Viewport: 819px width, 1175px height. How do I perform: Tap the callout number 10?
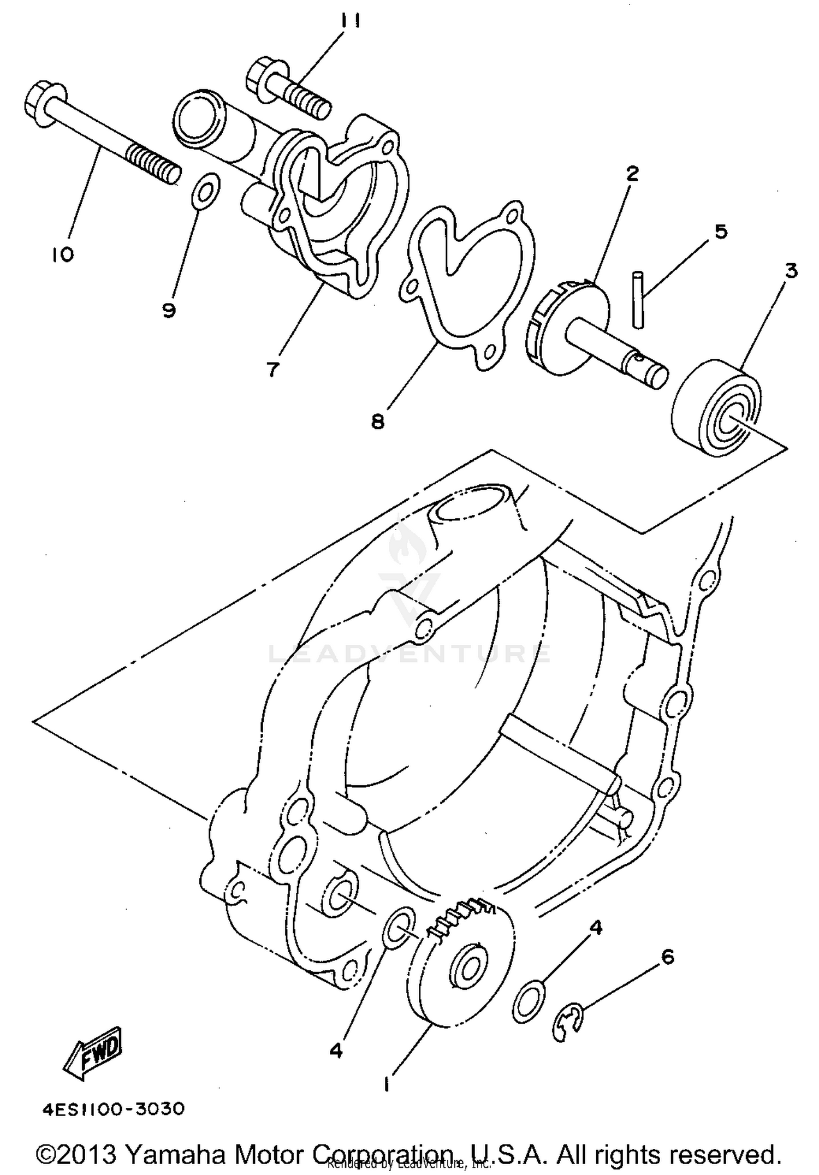coord(64,254)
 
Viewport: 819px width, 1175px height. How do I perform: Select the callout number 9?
coord(169,311)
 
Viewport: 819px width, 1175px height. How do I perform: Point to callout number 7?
coord(272,370)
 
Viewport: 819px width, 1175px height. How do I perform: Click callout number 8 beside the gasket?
coord(378,422)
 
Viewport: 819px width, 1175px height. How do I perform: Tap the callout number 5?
coord(721,232)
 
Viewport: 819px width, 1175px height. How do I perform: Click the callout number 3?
coord(791,271)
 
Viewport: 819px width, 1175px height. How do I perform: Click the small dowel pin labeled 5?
coord(638,300)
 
